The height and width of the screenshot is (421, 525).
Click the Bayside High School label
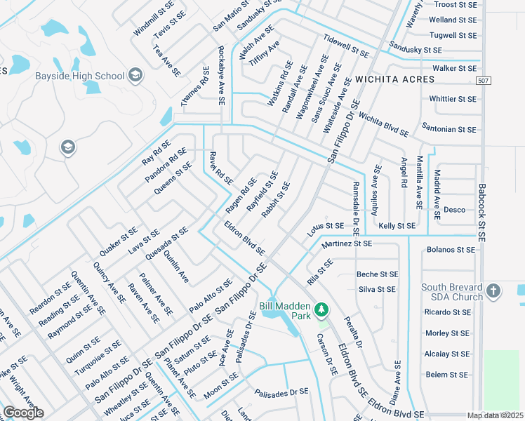(80, 76)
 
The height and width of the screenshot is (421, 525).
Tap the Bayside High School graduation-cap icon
(135, 76)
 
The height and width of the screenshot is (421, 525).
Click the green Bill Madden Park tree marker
(321, 309)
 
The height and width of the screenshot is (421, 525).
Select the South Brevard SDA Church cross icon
(493, 290)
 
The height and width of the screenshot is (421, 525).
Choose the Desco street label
(454, 210)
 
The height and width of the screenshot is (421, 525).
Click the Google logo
(24, 413)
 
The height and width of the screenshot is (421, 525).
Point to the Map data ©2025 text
(495, 416)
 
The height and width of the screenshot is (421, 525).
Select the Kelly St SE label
(397, 226)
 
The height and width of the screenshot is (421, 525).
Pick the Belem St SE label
(451, 375)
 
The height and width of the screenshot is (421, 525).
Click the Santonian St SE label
(448, 129)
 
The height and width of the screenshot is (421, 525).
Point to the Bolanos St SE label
(451, 249)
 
